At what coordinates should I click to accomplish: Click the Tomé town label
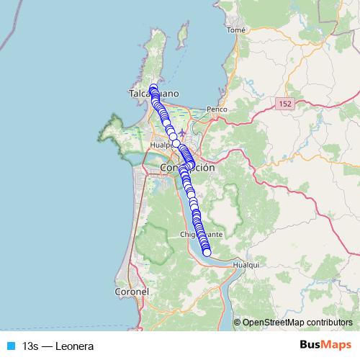[x=235, y=30]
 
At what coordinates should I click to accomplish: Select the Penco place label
[x=217, y=109]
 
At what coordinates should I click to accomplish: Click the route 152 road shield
[x=283, y=104]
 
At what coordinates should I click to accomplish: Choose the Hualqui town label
[x=246, y=265]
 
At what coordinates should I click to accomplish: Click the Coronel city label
[x=131, y=292]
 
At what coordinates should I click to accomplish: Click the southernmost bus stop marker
[x=207, y=252]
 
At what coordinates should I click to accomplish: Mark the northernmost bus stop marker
[x=153, y=88]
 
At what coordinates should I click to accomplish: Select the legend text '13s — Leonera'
[x=58, y=346]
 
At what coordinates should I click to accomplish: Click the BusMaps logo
[x=326, y=345]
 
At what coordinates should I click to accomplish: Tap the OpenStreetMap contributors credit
[x=297, y=322]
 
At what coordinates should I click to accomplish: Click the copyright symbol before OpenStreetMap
[x=238, y=322]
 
